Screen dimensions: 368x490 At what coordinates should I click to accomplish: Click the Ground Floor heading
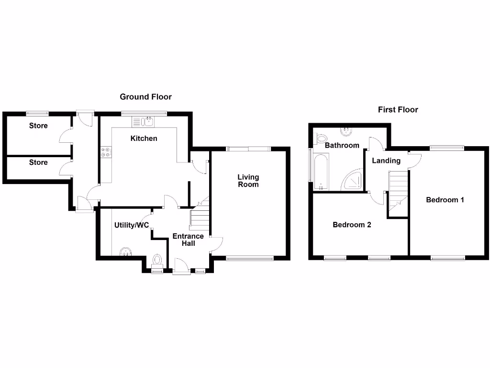(145, 97)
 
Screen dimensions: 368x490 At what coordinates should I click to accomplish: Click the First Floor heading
(398, 110)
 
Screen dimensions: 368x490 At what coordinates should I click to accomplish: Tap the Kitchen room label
(144, 138)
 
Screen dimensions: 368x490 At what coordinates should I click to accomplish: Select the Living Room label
(248, 181)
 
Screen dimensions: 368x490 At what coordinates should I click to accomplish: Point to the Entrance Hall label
(188, 240)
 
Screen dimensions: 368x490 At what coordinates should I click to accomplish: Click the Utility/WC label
(132, 225)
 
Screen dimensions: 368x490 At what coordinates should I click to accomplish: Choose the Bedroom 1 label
(445, 200)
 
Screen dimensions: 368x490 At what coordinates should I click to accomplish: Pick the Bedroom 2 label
(352, 225)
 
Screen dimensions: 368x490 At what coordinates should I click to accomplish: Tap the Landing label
(386, 161)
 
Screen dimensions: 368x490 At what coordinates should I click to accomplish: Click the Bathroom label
(342, 145)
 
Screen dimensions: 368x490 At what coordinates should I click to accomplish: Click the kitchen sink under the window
(144, 121)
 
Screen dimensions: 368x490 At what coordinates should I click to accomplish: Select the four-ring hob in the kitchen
(106, 152)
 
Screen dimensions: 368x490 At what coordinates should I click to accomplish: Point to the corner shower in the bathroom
(353, 180)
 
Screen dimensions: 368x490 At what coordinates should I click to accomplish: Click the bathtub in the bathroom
(320, 170)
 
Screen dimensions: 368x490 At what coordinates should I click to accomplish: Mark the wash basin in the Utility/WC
(125, 251)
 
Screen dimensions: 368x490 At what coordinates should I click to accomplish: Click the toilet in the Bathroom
(321, 138)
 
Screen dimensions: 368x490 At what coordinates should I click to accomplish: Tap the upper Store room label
(38, 126)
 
